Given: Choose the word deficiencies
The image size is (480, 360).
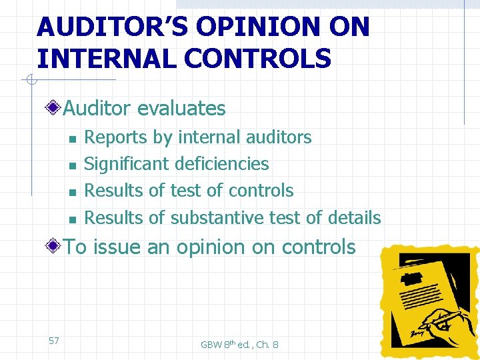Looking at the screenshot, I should (222, 164).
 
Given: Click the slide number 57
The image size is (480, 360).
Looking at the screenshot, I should (54, 341).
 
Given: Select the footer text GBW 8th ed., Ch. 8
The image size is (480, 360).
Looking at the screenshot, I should (239, 344).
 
